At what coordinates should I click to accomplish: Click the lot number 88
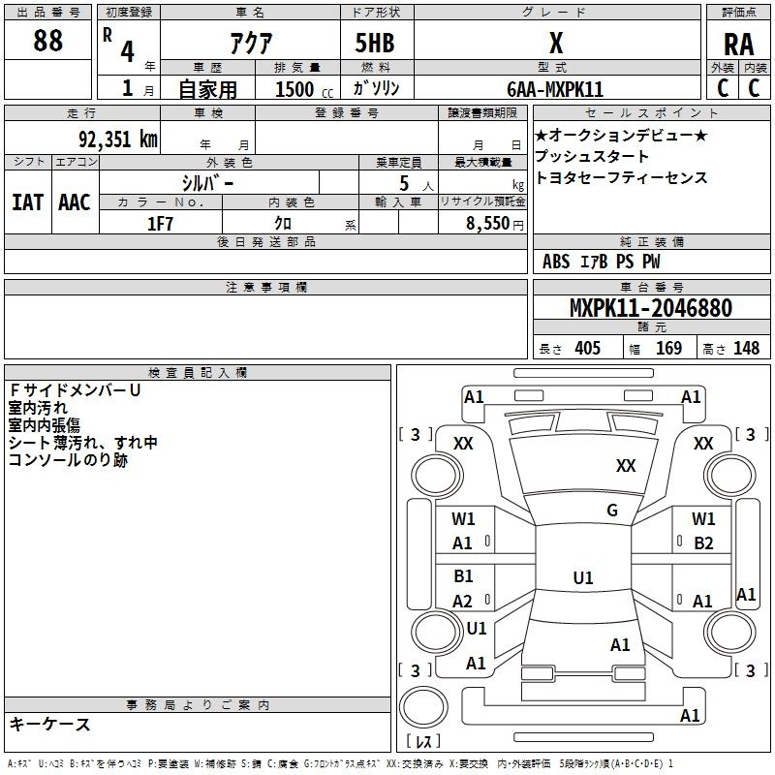point(47,40)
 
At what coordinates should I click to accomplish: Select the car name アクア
point(251,43)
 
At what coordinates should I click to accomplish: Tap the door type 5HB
point(375,43)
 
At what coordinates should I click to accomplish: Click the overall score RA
point(738,45)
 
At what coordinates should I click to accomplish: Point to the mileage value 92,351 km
point(118,139)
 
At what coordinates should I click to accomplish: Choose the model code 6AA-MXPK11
point(555,89)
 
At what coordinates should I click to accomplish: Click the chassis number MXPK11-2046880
point(650,307)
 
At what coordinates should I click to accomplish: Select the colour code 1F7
point(160,224)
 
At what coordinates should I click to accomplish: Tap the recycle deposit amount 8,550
point(487,223)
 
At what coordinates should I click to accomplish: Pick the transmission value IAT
point(27,202)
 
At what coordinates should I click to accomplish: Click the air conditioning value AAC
point(75,202)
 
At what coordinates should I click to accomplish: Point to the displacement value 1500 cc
point(304,89)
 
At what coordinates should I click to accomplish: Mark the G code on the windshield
point(612,510)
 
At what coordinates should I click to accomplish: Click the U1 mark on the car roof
point(583,577)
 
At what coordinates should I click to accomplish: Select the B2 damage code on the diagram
point(703,543)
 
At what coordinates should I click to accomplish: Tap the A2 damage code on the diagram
point(462,601)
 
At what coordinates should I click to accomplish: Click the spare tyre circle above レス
point(423,707)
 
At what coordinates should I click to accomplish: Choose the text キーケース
point(50,724)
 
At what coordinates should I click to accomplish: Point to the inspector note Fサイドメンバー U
point(76,390)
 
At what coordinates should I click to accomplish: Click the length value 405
point(587,348)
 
